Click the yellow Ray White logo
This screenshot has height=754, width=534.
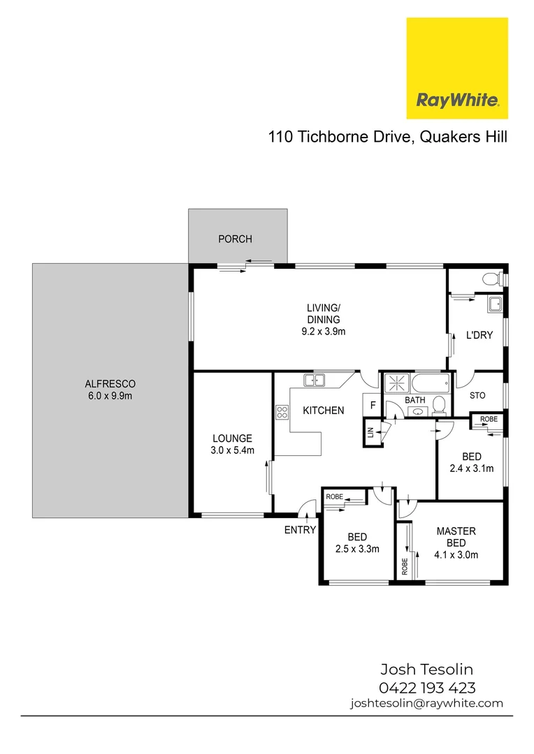pyautogui.click(x=457, y=68)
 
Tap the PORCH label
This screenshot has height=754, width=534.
pyautogui.click(x=235, y=239)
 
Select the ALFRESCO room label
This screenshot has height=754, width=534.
pyautogui.click(x=110, y=384)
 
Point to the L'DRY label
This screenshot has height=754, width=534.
pyautogui.click(x=479, y=335)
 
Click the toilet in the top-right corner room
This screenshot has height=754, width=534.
pyautogui.click(x=492, y=279)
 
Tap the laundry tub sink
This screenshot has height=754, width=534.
pyautogui.click(x=496, y=304)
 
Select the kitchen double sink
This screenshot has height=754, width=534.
pyautogui.click(x=315, y=380)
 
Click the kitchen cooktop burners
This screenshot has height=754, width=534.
pyautogui.click(x=282, y=412)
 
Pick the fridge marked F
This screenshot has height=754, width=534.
pyautogui.click(x=373, y=405)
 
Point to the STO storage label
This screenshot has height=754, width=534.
pyautogui.click(x=477, y=396)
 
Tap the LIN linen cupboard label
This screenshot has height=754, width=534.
pyautogui.click(x=368, y=433)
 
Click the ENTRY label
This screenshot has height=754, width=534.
pyautogui.click(x=300, y=530)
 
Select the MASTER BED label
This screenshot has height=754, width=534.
pyautogui.click(x=456, y=537)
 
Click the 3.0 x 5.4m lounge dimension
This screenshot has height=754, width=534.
pyautogui.click(x=233, y=450)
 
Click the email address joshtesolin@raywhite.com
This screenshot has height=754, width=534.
pyautogui.click(x=426, y=704)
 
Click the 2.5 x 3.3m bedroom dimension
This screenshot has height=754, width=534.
pyautogui.click(x=358, y=549)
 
